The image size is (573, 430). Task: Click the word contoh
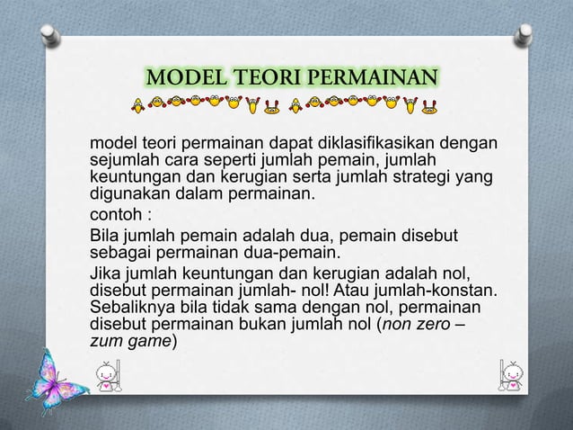point(115,216)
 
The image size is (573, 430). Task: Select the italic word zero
point(435,325)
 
